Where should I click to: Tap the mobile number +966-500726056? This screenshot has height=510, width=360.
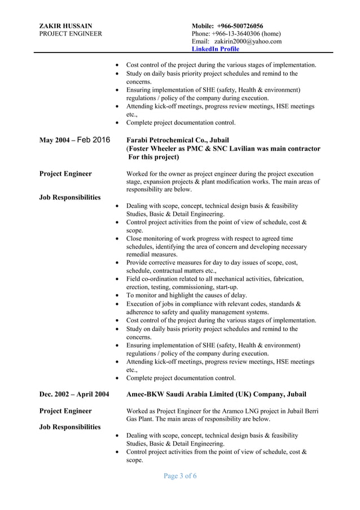pyautogui.click(x=240, y=25)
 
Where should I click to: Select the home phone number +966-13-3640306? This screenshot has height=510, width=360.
pyautogui.click(x=238, y=33)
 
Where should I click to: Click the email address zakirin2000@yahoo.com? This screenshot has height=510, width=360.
pyautogui.click(x=248, y=41)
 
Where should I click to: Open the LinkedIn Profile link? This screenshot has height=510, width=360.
pyautogui.click(x=215, y=49)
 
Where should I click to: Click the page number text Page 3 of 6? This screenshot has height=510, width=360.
pyautogui.click(x=180, y=476)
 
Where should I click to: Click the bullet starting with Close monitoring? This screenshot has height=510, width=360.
pyautogui.click(x=209, y=238)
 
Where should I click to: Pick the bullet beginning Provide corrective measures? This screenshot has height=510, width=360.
pyautogui.click(x=212, y=262)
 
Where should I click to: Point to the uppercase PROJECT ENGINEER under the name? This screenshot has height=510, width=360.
pyautogui.click(x=71, y=33)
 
